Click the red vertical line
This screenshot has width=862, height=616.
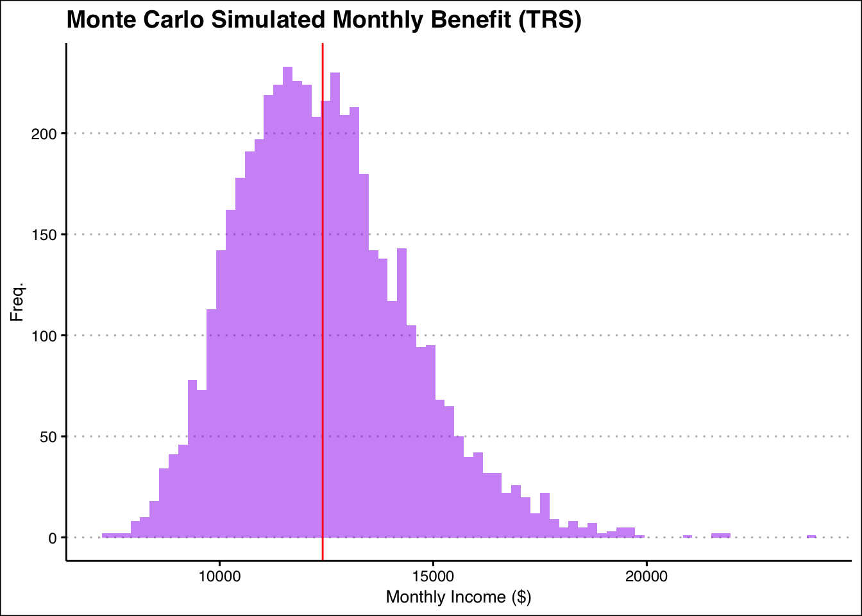tap(323, 302)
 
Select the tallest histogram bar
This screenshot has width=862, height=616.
tap(287, 302)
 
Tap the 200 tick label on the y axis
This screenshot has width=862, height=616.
tap(44, 134)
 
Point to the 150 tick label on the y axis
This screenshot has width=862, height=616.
tap(44, 235)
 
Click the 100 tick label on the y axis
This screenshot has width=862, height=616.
tap(44, 336)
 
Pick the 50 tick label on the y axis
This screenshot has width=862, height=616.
tap(48, 437)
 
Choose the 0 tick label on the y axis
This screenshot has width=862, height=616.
tap(53, 538)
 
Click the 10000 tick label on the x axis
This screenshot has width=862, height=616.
tap(219, 576)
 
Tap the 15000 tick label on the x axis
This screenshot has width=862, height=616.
tap(433, 576)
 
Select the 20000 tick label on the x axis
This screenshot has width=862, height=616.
tap(646, 576)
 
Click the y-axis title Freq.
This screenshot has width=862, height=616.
tap(17, 302)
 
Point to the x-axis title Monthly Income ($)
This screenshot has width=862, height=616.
tap(459, 597)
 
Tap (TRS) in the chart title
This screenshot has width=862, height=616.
tap(550, 20)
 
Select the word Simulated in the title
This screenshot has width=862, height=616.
tap(268, 19)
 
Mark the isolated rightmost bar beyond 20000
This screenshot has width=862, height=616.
tap(811, 536)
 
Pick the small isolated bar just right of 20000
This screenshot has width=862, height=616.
tap(688, 536)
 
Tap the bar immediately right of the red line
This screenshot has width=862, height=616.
tap(326, 319)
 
